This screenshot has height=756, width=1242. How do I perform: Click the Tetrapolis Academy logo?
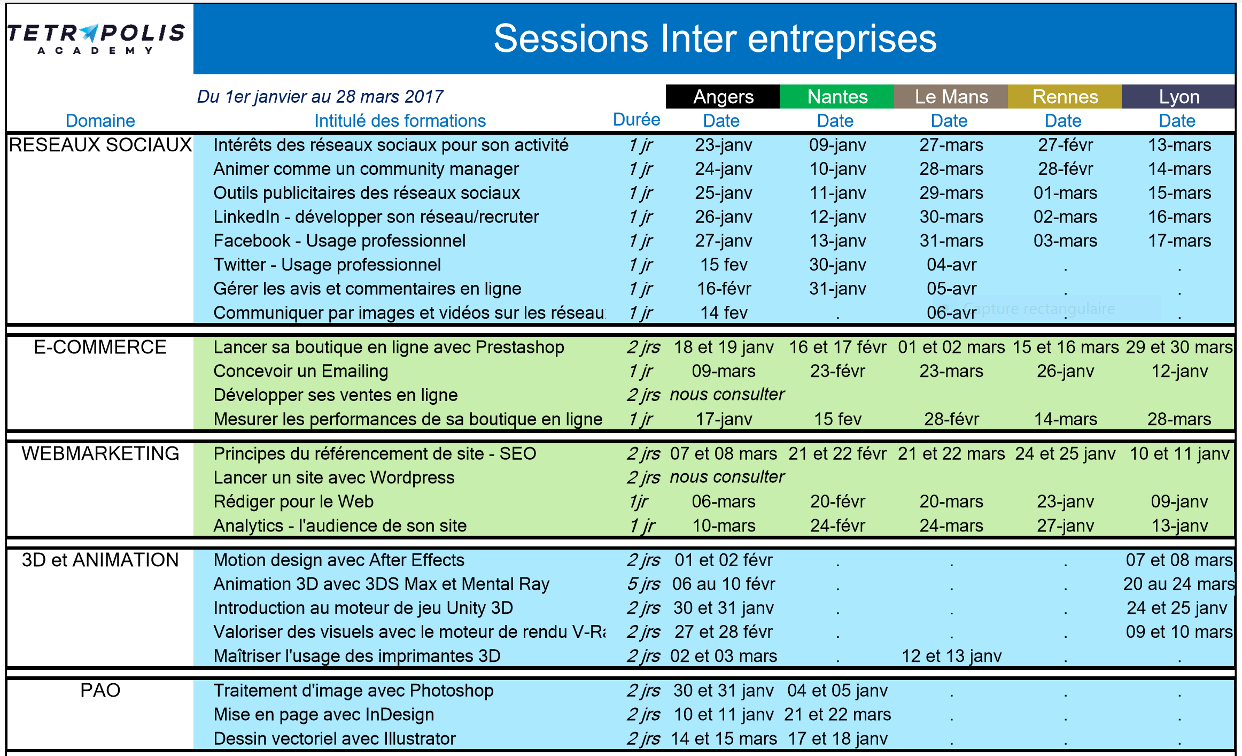point(96,38)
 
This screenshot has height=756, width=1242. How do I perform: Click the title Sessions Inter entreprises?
point(715,38)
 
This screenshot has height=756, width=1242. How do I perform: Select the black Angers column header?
point(723,97)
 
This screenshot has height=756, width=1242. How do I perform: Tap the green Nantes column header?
point(837,97)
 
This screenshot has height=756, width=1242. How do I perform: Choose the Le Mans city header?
point(951,97)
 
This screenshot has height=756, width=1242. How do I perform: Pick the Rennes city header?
point(1065,97)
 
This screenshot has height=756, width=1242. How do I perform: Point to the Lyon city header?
point(1179,97)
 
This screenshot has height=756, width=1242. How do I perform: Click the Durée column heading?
point(636,120)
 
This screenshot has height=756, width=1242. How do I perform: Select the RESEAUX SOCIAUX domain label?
point(100,145)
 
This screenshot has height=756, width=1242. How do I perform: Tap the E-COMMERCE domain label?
point(100,347)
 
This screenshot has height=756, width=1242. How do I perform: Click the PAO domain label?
point(100,690)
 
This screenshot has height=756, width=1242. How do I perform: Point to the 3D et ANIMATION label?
point(100,560)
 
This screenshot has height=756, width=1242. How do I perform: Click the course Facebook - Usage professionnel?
point(339,241)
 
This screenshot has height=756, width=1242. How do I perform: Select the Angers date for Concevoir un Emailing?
point(724,371)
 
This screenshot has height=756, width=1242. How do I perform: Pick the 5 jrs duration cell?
point(643,584)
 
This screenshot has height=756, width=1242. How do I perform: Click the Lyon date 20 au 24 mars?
point(1179,584)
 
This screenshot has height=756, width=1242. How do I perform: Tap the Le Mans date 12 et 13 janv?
point(951,656)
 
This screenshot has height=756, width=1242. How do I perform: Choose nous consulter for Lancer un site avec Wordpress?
point(727,477)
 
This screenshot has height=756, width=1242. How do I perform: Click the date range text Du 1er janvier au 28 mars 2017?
point(320,97)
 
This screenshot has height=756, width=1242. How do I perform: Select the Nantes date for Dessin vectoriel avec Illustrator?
point(837,739)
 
